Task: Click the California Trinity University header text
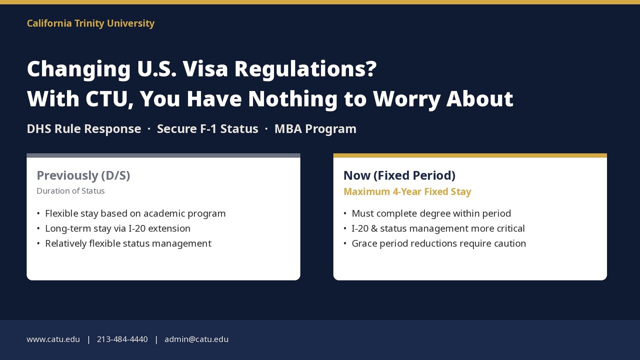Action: pyautogui.click(x=90, y=23)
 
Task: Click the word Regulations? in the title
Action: pyautogui.click(x=305, y=69)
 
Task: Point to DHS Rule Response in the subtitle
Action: pyautogui.click(x=84, y=129)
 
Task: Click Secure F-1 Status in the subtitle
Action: pyautogui.click(x=207, y=129)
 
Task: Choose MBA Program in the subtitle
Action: pyautogui.click(x=315, y=129)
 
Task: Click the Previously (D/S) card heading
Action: pyautogui.click(x=83, y=175)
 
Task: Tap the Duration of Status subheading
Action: pyautogui.click(x=70, y=191)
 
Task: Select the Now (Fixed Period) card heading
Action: pyautogui.click(x=399, y=175)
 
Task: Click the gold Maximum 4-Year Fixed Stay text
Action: pyautogui.click(x=407, y=191)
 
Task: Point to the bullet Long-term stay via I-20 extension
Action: pyautogui.click(x=117, y=228)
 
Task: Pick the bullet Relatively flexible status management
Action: pyautogui.click(x=128, y=243)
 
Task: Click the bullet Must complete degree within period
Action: pyautogui.click(x=431, y=213)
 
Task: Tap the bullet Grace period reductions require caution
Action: pyautogui.click(x=439, y=243)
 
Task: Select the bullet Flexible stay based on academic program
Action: pyautogui.click(x=135, y=213)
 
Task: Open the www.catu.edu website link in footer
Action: pyautogui.click(x=53, y=339)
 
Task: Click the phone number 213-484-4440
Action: pyautogui.click(x=122, y=339)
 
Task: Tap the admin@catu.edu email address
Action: pyautogui.click(x=196, y=339)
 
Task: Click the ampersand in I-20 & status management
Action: pyautogui.click(x=374, y=228)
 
